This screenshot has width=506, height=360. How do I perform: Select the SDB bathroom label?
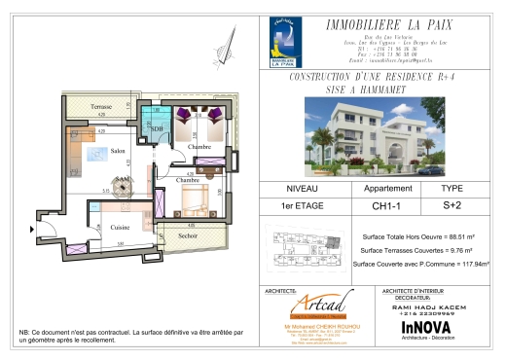point(157,128)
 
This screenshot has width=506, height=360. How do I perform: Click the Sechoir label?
point(188,235)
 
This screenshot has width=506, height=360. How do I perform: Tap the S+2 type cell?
point(452,205)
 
